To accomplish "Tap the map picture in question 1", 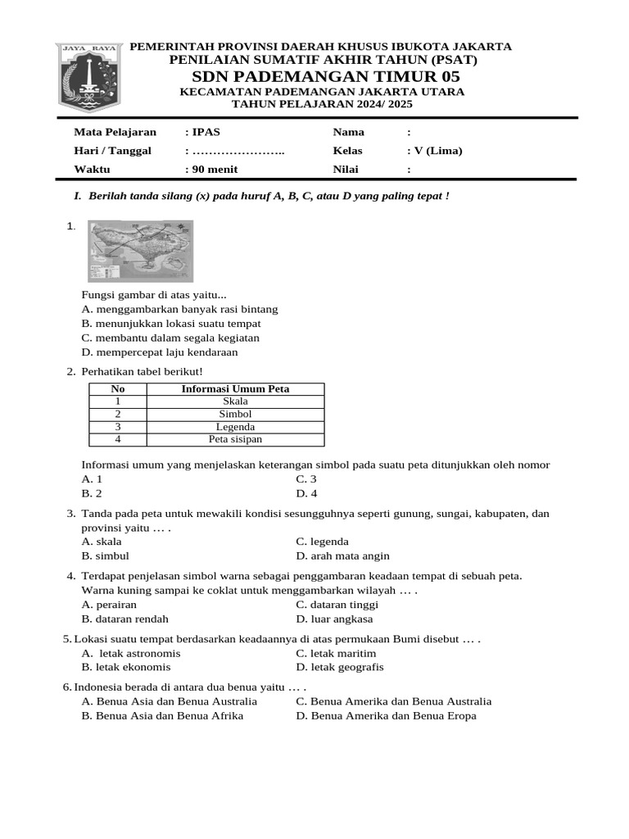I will point(140,251).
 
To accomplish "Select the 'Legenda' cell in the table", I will point(235,427).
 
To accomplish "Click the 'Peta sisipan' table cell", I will point(235,439).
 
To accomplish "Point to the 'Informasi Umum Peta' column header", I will point(235,389).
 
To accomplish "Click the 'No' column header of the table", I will point(118,389).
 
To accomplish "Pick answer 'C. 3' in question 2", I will point(306,479).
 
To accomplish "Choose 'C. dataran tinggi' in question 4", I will point(337,605).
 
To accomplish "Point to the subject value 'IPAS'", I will point(206,132).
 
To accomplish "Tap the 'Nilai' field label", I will point(346,170).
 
